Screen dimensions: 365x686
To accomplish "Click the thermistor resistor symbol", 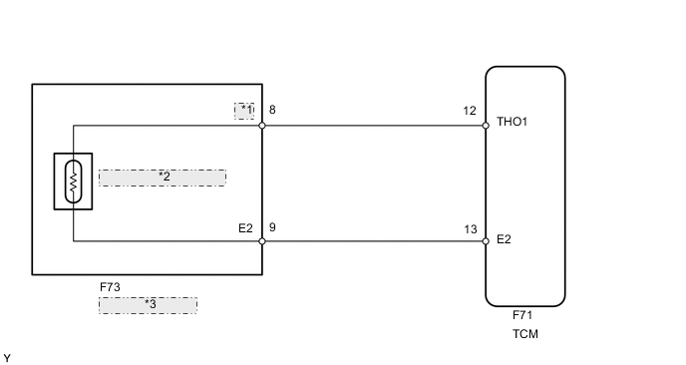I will pyautogui.click(x=73, y=182).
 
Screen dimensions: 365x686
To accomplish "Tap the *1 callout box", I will pyautogui.click(x=245, y=110).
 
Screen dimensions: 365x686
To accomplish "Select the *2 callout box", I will pyautogui.click(x=163, y=178).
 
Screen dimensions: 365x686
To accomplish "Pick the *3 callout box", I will pyautogui.click(x=148, y=305).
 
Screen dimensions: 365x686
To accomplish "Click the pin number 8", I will pyautogui.click(x=272, y=110).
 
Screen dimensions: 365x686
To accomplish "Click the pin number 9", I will pyautogui.click(x=272, y=226).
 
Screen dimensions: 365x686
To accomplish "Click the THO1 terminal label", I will pyautogui.click(x=512, y=125).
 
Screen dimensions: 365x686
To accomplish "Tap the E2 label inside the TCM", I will pyautogui.click(x=505, y=240).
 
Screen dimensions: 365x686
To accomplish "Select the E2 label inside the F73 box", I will pyautogui.click(x=245, y=226).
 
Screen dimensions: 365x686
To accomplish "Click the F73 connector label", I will pyautogui.click(x=110, y=287).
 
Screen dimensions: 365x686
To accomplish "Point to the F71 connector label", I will pyautogui.click(x=522, y=315).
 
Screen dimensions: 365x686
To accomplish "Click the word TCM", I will pyautogui.click(x=524, y=334).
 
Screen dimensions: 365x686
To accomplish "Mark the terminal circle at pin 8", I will pyautogui.click(x=262, y=126).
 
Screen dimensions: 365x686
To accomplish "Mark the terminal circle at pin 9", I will pyautogui.click(x=262, y=241).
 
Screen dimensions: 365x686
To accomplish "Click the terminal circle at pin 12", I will pyautogui.click(x=486, y=126).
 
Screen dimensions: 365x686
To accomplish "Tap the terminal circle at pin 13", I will pyautogui.click(x=486, y=241).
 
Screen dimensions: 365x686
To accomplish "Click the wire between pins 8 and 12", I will pyautogui.click(x=374, y=126).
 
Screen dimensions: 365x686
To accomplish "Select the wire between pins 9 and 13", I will pyautogui.click(x=374, y=241).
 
